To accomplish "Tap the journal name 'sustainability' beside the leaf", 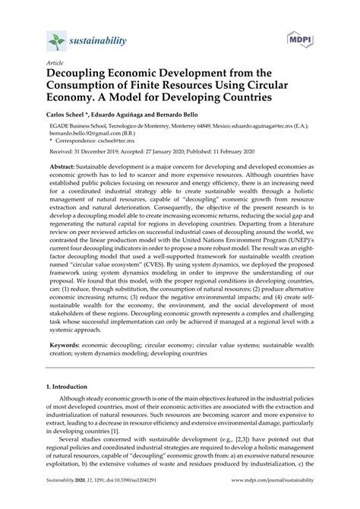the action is pyautogui.click(x=99, y=40).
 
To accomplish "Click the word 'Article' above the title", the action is pyautogui.click(x=55, y=65).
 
